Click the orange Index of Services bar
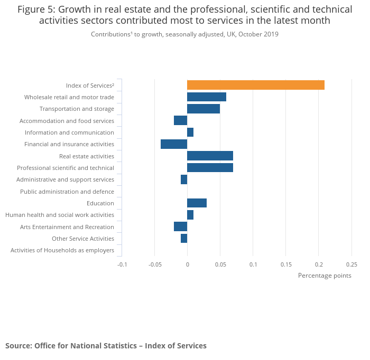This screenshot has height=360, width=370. pos(255,85)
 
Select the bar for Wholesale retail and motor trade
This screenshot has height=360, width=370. pos(207,97)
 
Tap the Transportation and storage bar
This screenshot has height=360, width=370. pos(203,109)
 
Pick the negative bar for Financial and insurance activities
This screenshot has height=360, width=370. pos(174,144)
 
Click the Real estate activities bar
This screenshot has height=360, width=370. pos(210,156)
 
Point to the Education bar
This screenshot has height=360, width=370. pos(197,203)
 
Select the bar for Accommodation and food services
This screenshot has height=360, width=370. pos(180,121)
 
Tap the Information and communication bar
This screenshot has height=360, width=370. pos(190,132)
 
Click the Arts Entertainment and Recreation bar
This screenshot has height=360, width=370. pos(180,227)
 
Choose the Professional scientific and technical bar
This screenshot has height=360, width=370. pos(210,168)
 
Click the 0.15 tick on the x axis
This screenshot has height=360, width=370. pos(286,264)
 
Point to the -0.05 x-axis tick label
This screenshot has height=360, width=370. pos(154,264)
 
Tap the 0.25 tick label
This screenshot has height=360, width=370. pos(351,264)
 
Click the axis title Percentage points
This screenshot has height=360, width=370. pos(325,276)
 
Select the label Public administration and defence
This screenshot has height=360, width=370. pos(67,192)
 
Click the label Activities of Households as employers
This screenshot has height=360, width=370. pos(62,250)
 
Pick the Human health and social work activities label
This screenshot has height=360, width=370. pos(60,215)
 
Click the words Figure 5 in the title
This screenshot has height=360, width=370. pos(36,10)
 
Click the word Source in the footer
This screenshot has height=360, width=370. pos(18,346)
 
